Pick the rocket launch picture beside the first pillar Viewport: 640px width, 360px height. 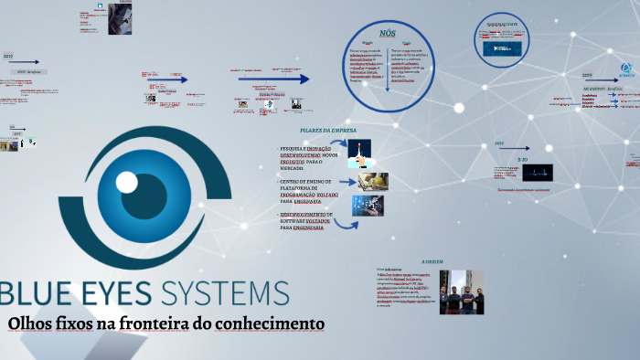pos(359,152)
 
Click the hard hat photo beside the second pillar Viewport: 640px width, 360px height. pos(372,181)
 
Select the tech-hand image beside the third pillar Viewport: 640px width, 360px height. pos(368,206)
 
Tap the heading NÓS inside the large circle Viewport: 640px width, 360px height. pos(388,32)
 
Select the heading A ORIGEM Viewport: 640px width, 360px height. pos(432,261)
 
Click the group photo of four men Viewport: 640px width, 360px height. pos(462,291)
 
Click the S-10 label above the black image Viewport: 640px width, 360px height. pos(522,159)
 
